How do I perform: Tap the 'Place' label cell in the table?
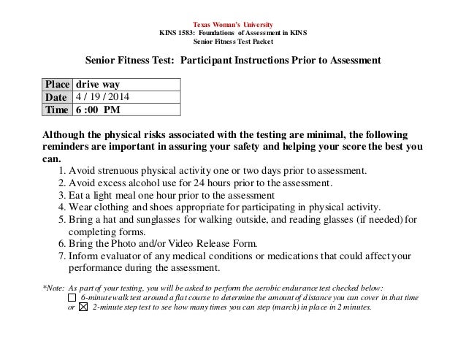(x=57, y=85)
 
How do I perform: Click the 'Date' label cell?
(x=57, y=98)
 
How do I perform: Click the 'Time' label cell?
(x=57, y=111)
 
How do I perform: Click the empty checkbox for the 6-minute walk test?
(x=71, y=297)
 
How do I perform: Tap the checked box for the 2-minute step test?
(x=83, y=307)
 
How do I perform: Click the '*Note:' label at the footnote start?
(x=55, y=286)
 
